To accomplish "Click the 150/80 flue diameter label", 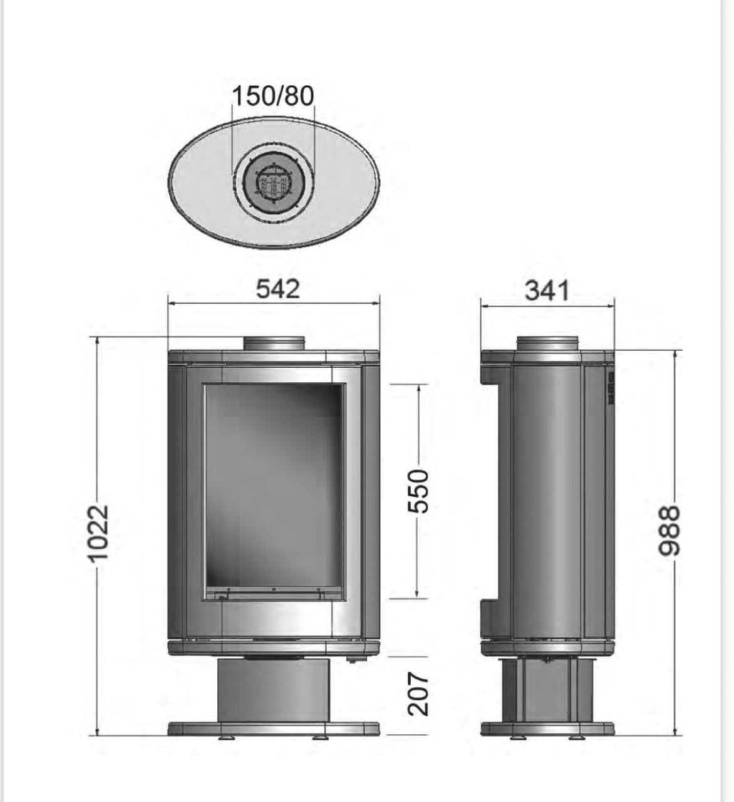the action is coord(273,96).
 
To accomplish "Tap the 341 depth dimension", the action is coord(547,291).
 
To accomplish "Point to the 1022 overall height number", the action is coord(98,534).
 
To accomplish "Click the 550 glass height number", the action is coord(418,491).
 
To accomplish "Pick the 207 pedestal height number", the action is coord(418,694).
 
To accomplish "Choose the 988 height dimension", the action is coord(669,531).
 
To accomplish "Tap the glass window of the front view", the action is coord(274,492).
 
